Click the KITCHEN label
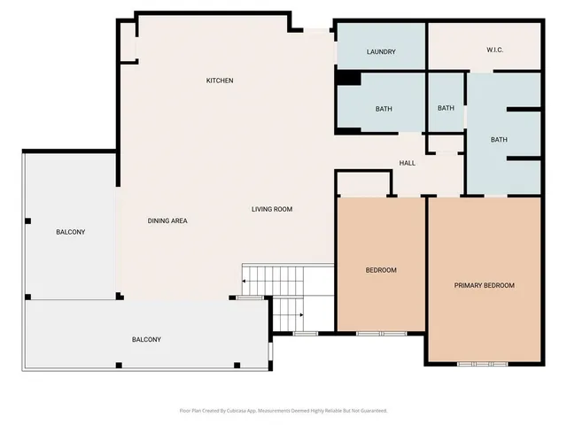click(220, 81)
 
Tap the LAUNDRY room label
click(381, 52)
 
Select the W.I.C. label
click(495, 50)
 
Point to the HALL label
click(407, 163)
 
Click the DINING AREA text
click(167, 220)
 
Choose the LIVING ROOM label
click(272, 209)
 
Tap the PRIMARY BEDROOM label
click(484, 285)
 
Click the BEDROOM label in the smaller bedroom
click(381, 270)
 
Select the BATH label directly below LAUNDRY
click(384, 109)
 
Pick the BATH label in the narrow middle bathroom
click(446, 108)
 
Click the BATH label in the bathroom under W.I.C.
click(499, 139)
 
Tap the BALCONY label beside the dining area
click(70, 232)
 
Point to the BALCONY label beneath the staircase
click(146, 339)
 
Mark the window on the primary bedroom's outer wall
click(483, 364)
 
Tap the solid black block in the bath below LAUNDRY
click(348, 79)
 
